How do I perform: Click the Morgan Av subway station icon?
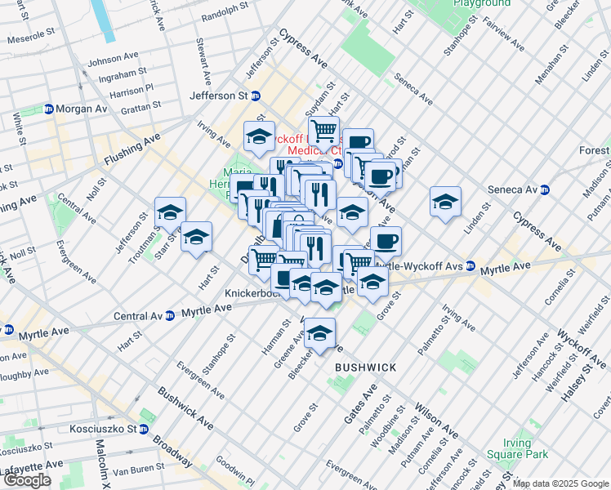coord(48,109)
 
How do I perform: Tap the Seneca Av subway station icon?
coord(545,189)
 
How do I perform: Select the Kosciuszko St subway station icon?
coord(144,429)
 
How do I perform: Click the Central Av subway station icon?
coord(169,316)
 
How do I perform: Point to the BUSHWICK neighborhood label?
coord(365,368)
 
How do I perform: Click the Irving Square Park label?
coord(515,448)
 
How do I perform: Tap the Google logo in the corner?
coord(27,480)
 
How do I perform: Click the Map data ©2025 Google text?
coord(560,483)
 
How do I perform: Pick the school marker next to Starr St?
coord(196,237)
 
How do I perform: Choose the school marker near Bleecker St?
coord(319,333)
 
